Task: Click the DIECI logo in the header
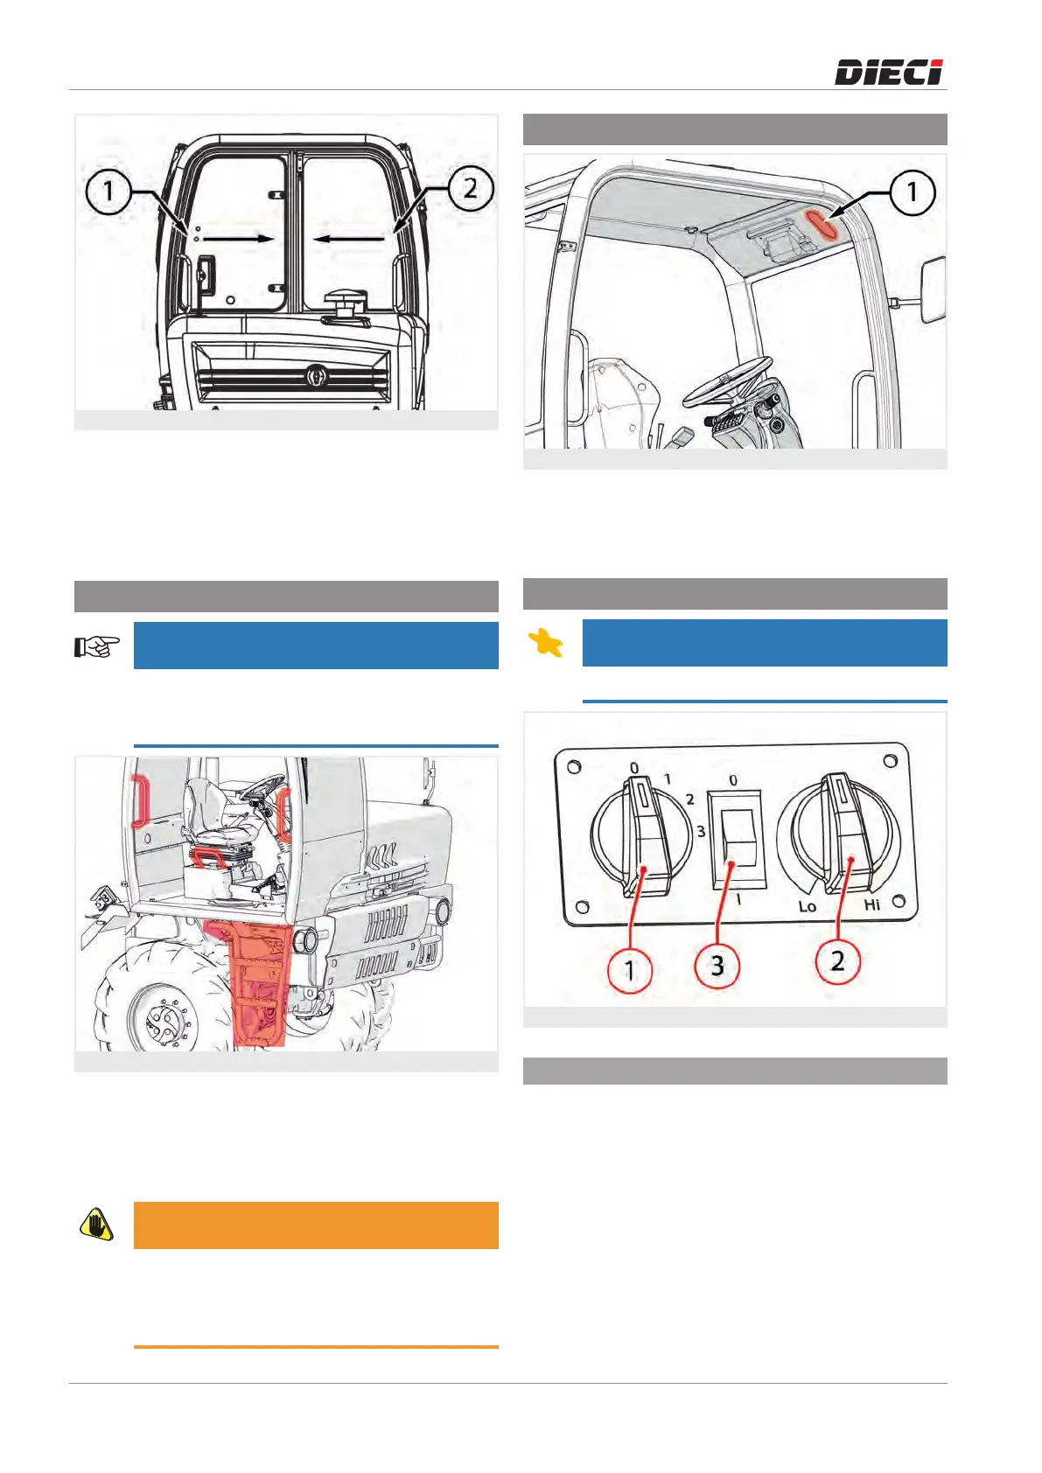pyautogui.click(x=889, y=72)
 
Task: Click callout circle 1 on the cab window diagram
pyautogui.click(x=108, y=192)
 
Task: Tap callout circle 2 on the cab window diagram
pyautogui.click(x=471, y=189)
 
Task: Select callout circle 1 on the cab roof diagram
pyautogui.click(x=913, y=192)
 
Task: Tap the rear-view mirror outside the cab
pyautogui.click(x=933, y=290)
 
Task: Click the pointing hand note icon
pyautogui.click(x=97, y=646)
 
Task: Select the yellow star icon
pyautogui.click(x=545, y=642)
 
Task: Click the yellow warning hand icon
pyautogui.click(x=97, y=1225)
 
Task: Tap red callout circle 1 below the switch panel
pyautogui.click(x=630, y=970)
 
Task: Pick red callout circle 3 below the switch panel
pyautogui.click(x=717, y=966)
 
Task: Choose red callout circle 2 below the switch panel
pyautogui.click(x=837, y=960)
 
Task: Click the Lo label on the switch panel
pyautogui.click(x=808, y=906)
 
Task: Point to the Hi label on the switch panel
pyautogui.click(x=872, y=904)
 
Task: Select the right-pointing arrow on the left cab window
pyautogui.click(x=238, y=239)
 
